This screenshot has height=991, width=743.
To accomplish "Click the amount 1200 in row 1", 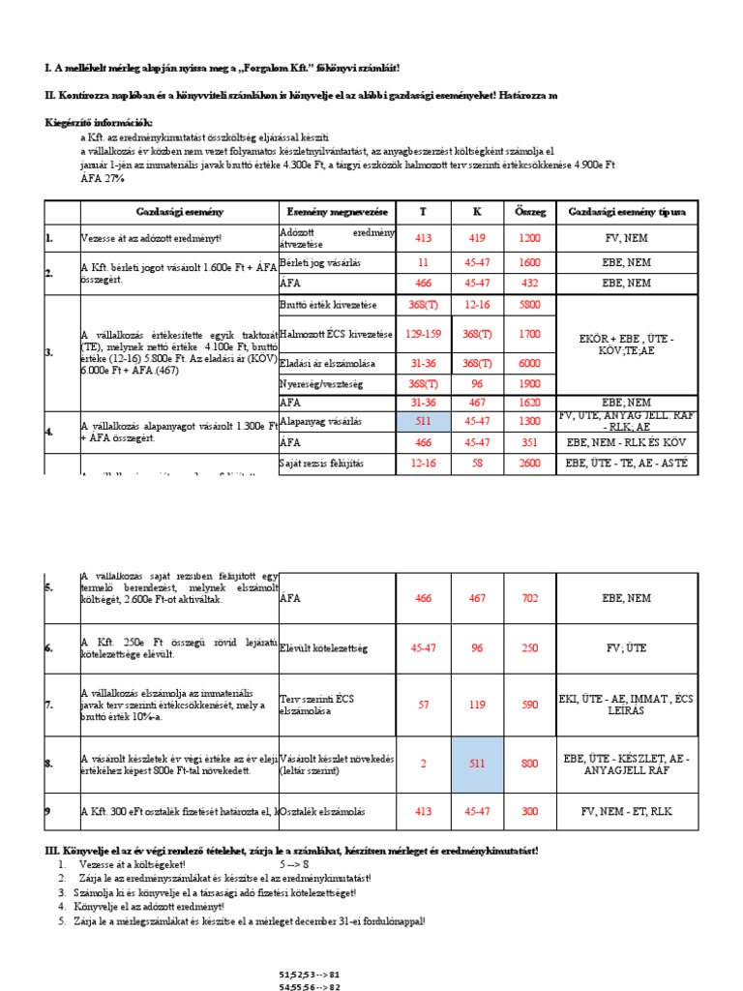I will (x=529, y=236).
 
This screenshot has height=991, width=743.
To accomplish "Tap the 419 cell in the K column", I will (x=477, y=236).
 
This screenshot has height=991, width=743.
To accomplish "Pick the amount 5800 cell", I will (x=529, y=305).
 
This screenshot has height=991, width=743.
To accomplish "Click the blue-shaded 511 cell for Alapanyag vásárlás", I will (x=424, y=422).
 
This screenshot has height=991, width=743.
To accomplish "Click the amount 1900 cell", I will (x=529, y=384).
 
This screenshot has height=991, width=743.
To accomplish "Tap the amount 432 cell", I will (x=529, y=284).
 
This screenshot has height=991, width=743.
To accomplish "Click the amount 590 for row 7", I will (x=529, y=706).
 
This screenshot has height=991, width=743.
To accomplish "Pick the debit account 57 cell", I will (x=424, y=706).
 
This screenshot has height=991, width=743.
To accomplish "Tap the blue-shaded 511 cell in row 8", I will (x=477, y=764).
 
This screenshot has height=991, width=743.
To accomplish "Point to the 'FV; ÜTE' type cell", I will (x=625, y=647).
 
